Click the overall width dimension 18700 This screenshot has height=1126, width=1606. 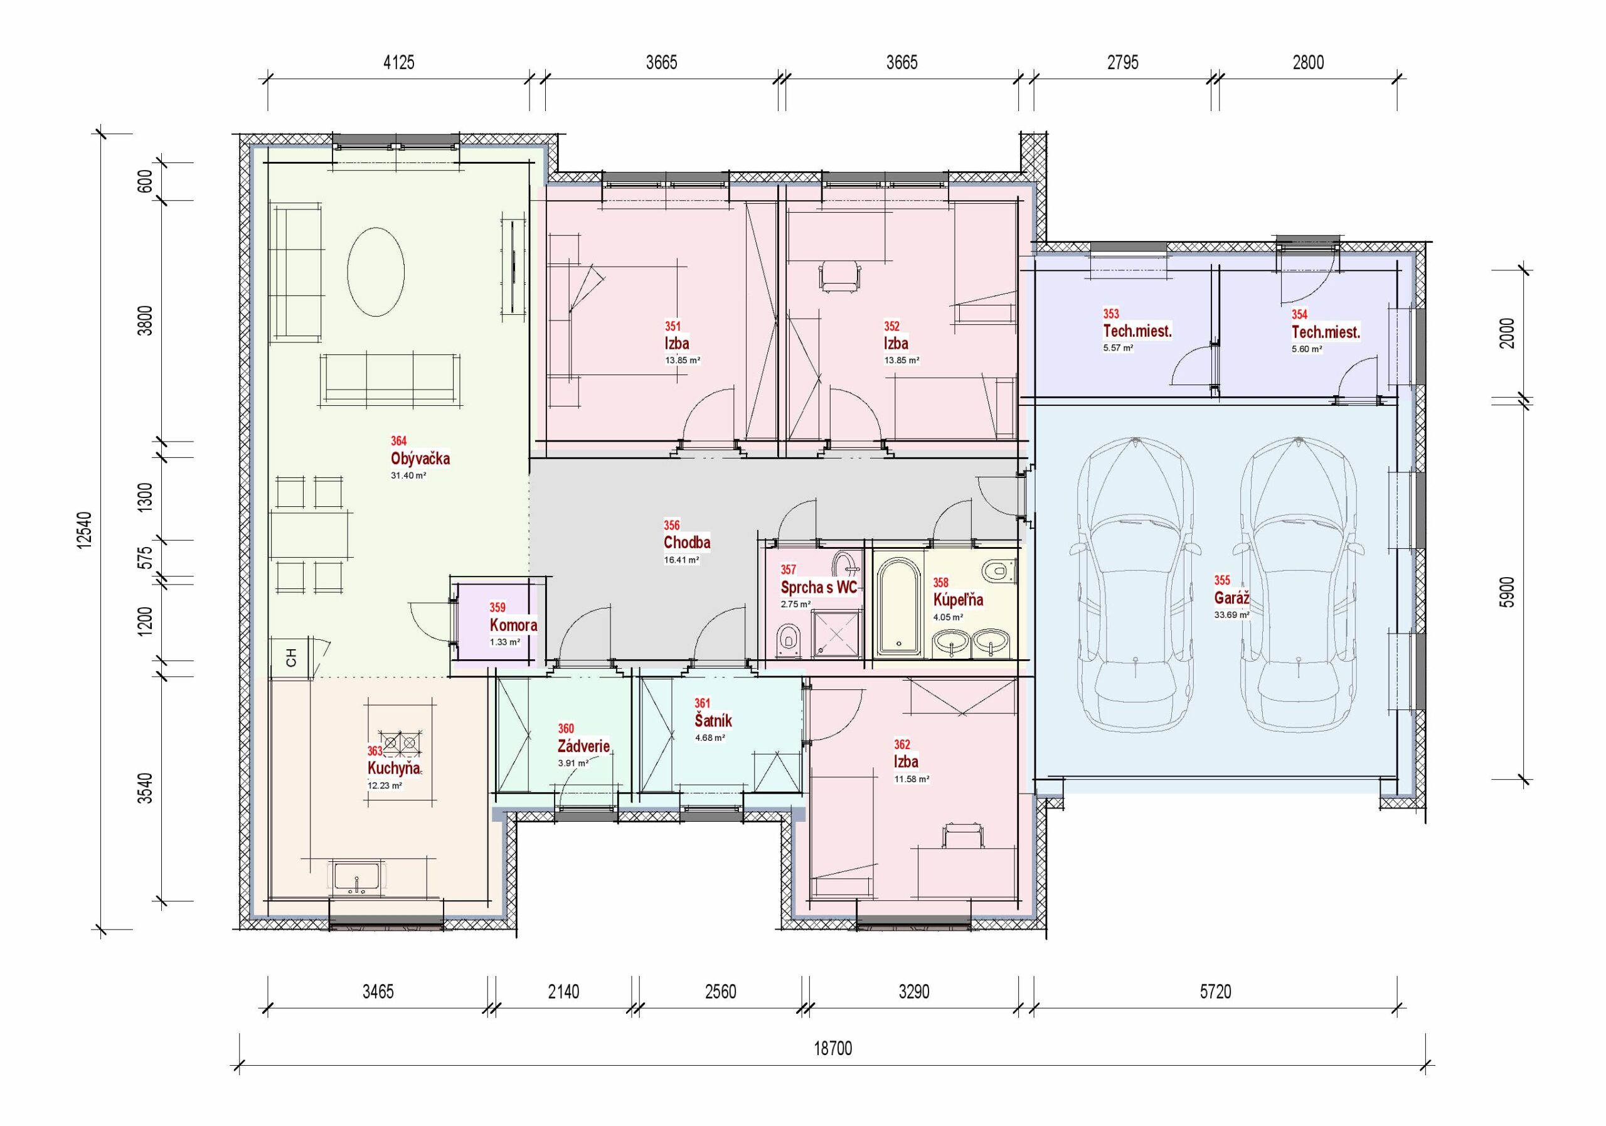pos(833,1048)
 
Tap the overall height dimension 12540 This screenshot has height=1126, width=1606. pos(84,531)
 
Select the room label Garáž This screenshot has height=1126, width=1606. pos(1231,598)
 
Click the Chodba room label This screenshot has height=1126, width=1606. pos(687,542)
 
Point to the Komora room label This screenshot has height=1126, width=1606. pos(513,625)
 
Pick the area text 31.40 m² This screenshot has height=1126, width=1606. pos(408,475)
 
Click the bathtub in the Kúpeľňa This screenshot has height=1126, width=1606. pos(898,607)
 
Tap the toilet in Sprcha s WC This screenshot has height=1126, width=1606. pos(789,640)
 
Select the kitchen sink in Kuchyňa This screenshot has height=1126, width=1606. pos(357,878)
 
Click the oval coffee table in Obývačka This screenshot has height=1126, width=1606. pos(376,272)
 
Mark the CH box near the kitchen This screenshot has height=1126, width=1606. pos(292,657)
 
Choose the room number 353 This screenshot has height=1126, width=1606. pos(1111,314)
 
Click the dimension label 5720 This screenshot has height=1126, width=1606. pos(1215,992)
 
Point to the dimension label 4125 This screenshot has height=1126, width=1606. pos(399,63)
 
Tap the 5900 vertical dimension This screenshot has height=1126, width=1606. pos(1508,592)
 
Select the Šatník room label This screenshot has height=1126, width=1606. pos(713,720)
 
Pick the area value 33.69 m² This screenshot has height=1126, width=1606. pos(1231,615)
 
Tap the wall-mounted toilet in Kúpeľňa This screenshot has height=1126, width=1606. pos(998,571)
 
